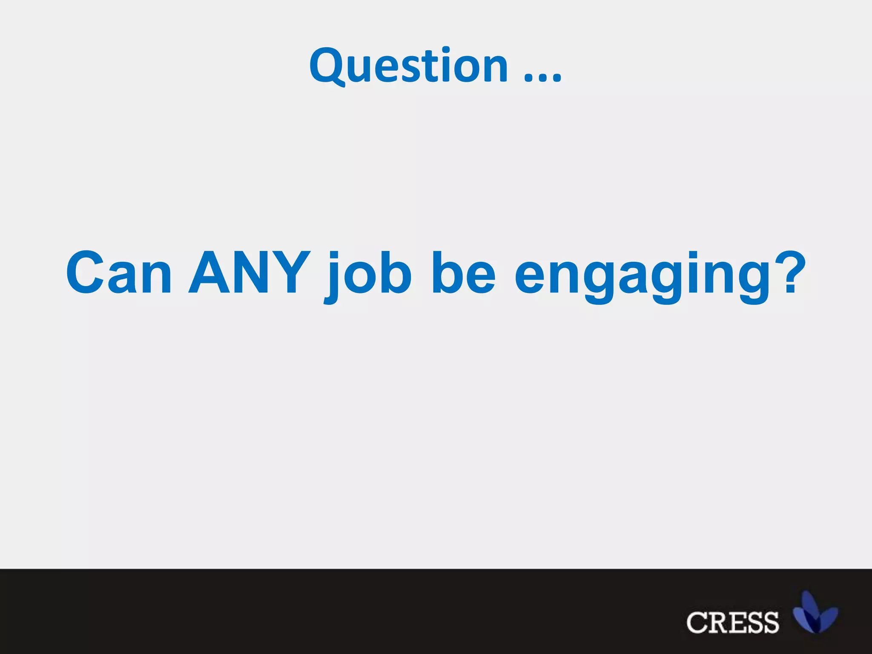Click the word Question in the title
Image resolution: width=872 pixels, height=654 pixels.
pos(409,66)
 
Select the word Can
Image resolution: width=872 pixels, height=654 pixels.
pos(119,272)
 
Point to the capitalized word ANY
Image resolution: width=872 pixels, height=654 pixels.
pos(249,272)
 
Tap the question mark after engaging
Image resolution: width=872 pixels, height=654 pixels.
pos(791,272)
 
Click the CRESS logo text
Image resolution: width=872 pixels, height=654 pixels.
pos(732,622)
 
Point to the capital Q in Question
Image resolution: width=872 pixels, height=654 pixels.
pos(327,66)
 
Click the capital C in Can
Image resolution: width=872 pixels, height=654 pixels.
pos(85,272)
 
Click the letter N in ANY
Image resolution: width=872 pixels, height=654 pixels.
pos(249,272)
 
